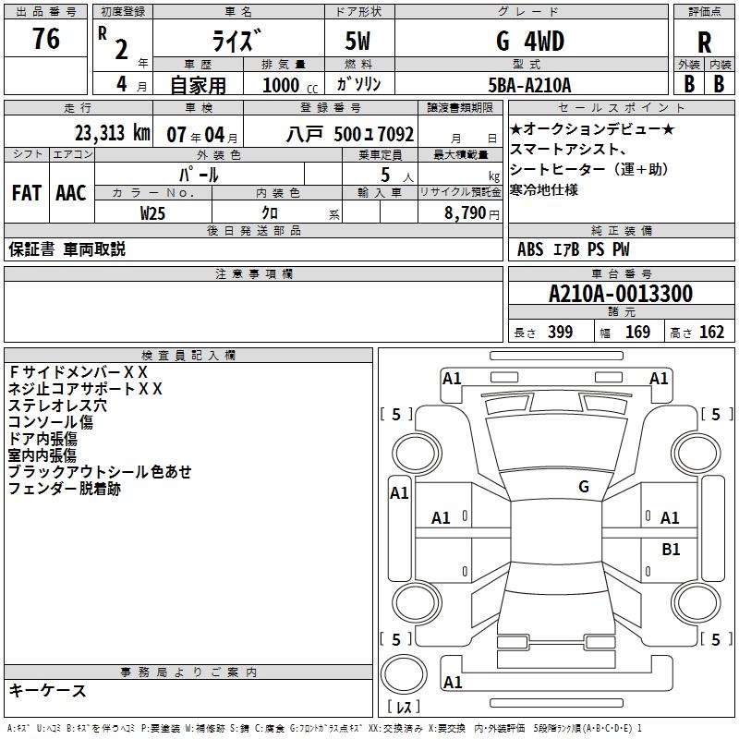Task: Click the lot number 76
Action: [46, 40]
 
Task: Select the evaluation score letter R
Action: [705, 42]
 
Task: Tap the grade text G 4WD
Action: [530, 42]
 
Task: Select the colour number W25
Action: [152, 212]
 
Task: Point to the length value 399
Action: [560, 333]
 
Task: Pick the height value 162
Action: [711, 333]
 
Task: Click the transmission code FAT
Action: [26, 192]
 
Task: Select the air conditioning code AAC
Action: [71, 192]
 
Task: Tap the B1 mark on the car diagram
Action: [671, 549]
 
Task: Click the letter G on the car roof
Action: [583, 486]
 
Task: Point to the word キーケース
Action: [47, 691]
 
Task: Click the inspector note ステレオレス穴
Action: [57, 405]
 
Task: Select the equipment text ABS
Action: [530, 249]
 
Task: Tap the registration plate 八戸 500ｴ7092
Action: [349, 133]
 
